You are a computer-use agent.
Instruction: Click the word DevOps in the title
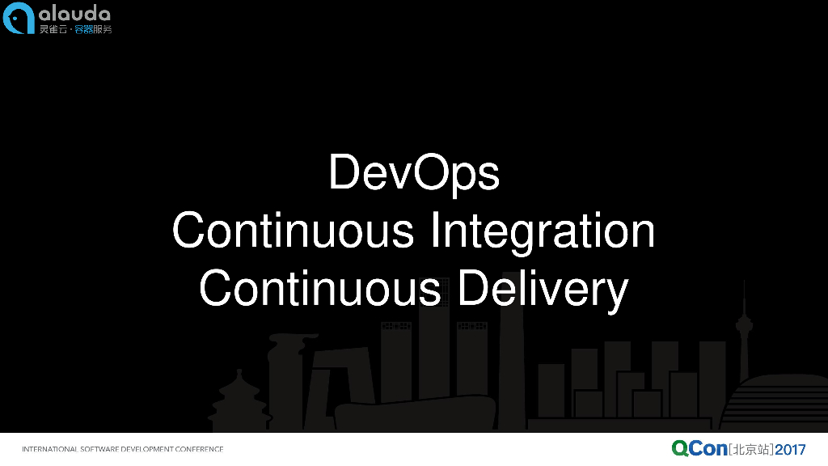point(414,173)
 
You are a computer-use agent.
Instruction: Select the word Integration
point(543,231)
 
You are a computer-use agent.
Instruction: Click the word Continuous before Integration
point(293,231)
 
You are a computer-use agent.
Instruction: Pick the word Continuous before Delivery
point(320,288)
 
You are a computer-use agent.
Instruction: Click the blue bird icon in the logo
point(19,18)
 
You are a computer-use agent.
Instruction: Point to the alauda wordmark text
point(74,14)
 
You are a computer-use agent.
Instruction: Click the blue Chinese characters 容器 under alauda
point(83,30)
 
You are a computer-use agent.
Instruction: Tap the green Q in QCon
point(680,448)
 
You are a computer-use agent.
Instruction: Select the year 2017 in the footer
point(790,450)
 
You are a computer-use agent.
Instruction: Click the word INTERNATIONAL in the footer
point(49,449)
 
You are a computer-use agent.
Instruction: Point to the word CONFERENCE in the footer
point(199,449)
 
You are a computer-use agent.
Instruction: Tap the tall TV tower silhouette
point(744,338)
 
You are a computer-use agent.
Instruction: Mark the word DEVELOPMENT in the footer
point(147,449)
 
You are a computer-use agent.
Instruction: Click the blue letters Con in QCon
point(708,449)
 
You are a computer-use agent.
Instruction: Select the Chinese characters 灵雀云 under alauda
point(53,30)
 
